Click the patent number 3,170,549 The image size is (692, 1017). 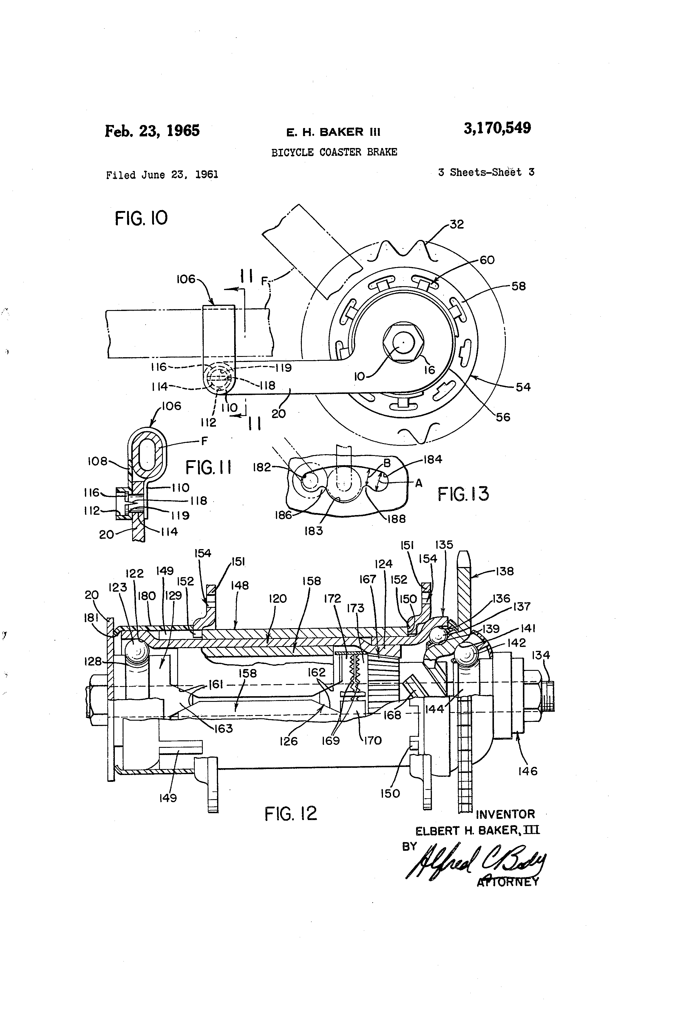coord(497,128)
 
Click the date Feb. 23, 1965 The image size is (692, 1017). coord(152,130)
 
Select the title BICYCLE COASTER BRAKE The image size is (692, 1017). coord(334,152)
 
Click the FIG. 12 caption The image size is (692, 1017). coord(291,814)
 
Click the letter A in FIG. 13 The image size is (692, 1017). coord(418,483)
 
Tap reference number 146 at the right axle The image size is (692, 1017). coord(528,771)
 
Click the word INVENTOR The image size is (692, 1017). coord(505,814)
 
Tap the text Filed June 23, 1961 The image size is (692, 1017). coord(162,175)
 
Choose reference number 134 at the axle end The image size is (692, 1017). coord(541,655)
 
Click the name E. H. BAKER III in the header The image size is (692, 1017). coord(333,132)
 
